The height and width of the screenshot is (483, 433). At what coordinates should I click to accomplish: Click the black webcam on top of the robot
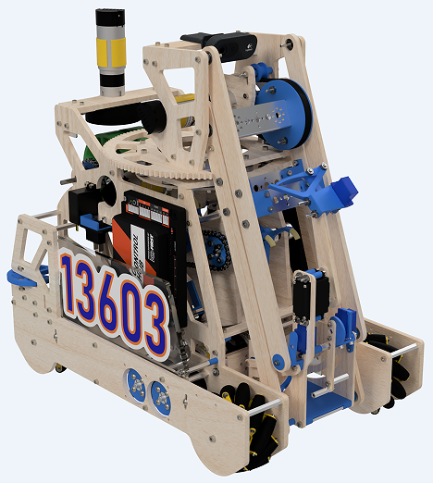pos(216,42)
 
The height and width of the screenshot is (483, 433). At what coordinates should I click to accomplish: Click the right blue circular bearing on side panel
pos(160,397)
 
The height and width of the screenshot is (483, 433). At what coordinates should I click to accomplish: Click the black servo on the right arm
pos(305,296)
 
